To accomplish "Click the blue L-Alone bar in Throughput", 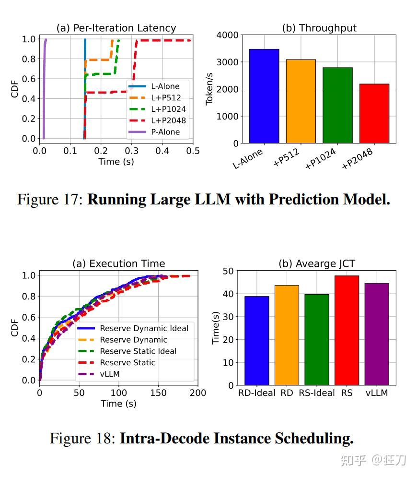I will pos(264,96).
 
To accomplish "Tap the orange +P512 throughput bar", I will pos(301,101).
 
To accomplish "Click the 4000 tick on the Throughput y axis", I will pos(228,35).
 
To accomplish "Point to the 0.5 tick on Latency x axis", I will pos(193,151).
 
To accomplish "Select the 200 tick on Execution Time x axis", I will pos(197,393).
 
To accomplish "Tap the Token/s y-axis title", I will pos(209,89).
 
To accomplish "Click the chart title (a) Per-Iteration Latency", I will pos(116,28).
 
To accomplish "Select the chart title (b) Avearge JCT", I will pos(317,263).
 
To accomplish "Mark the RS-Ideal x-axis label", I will pos(317,393).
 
